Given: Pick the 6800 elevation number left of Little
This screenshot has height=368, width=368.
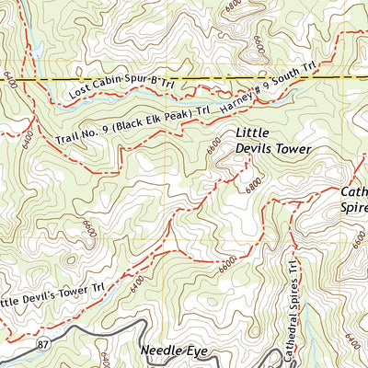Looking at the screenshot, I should tap(213, 145).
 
